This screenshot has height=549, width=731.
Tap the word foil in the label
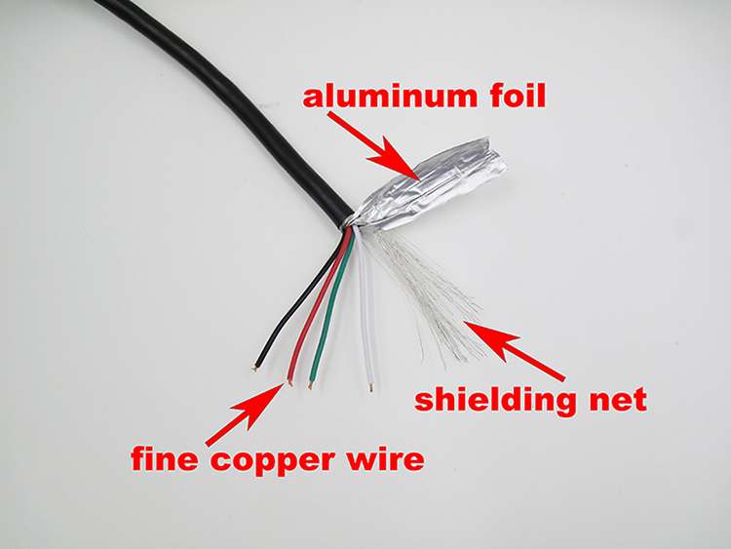[x=509, y=98]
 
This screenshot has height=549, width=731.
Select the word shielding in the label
[x=507, y=400]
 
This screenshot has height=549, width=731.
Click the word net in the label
[x=617, y=400]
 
